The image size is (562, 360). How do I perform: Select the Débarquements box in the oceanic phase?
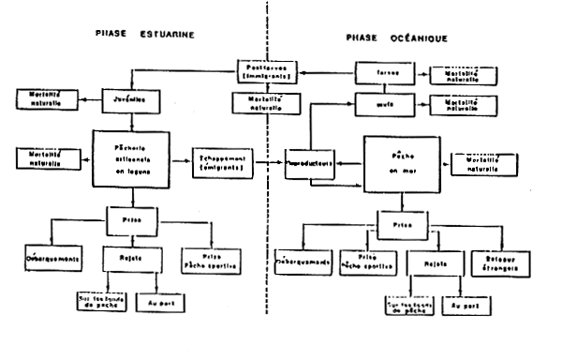tap(304, 262)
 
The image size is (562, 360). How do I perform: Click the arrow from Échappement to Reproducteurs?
tap(270, 160)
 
